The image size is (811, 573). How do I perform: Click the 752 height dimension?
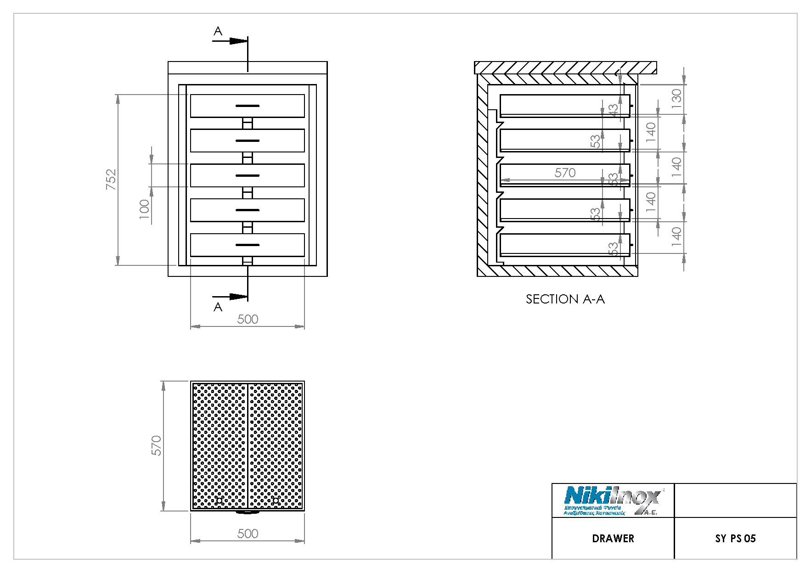(111, 180)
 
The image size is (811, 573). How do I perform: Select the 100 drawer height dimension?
(144, 209)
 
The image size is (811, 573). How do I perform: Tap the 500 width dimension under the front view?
(248, 319)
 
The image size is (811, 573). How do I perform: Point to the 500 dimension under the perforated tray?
(248, 534)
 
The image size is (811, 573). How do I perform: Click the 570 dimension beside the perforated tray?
(157, 445)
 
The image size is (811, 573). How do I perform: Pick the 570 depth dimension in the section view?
(565, 173)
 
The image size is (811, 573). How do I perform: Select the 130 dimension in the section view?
(676, 99)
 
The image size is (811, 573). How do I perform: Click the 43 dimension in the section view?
(613, 111)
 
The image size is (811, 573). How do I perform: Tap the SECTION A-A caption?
(565, 299)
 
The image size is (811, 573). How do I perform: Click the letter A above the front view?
(218, 31)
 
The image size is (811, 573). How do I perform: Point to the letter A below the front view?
(218, 307)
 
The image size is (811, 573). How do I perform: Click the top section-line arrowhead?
(238, 41)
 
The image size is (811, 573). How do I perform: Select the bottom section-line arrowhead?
(238, 297)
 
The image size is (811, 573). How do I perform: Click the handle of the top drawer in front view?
(248, 106)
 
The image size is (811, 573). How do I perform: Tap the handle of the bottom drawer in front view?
(248, 245)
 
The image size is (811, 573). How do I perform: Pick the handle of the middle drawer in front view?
(248, 175)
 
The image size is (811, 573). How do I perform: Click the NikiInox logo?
(613, 500)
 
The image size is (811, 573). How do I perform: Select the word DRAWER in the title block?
(613, 539)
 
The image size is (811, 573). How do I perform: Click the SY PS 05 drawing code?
(735, 539)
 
